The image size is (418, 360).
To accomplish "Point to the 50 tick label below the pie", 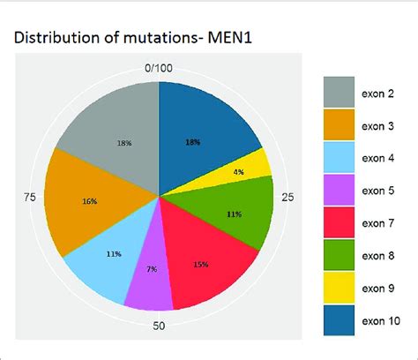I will pos(160,327).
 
